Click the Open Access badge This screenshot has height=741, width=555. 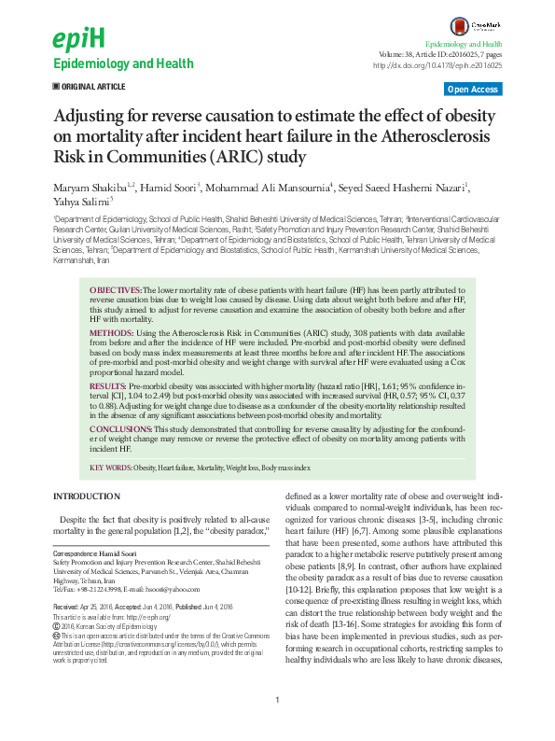click(x=473, y=89)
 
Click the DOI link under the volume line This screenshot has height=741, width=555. click(x=437, y=66)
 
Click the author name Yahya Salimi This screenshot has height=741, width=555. click(x=80, y=202)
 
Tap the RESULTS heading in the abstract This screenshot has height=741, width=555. click(x=108, y=384)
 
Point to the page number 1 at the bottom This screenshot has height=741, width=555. click(x=277, y=726)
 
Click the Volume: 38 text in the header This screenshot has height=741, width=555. click(x=403, y=55)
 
